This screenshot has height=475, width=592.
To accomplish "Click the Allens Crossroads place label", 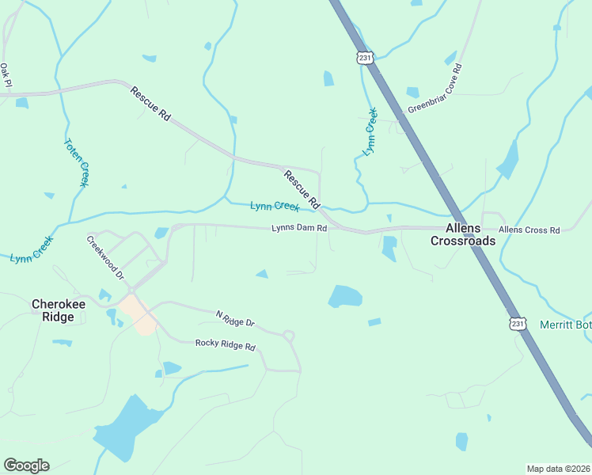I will point(463,234).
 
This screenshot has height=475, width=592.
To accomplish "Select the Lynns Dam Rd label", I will point(299,229).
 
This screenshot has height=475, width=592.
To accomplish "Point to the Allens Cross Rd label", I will point(529,230).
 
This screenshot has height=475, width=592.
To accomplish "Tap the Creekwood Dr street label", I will point(106,258).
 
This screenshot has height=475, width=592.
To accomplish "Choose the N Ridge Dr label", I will point(235,318).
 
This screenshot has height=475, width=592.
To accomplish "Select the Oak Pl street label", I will point(6,75).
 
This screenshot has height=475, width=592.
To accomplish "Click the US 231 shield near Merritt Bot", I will point(517,324).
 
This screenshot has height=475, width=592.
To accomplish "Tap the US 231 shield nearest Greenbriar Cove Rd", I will point(364,58).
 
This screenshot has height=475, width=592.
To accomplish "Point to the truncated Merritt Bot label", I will point(565,325).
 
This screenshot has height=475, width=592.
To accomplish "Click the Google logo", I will point(26,465).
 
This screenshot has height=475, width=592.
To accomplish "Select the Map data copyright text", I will point(558,469).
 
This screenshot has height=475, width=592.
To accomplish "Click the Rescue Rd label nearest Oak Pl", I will point(151,103).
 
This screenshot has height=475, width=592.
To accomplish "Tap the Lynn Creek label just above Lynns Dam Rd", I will point(275,207).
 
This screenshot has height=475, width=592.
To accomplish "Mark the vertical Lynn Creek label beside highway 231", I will point(370,130).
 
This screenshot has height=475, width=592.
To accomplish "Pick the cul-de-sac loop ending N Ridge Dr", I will point(289,336).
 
